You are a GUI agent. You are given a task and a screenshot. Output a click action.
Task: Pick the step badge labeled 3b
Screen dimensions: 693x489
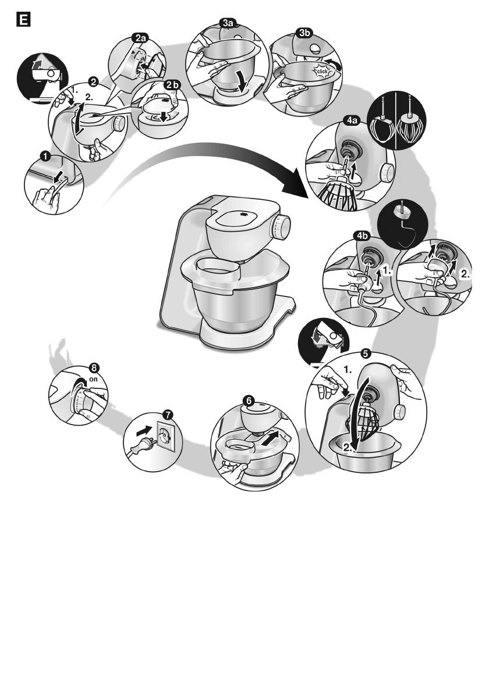point(303,33)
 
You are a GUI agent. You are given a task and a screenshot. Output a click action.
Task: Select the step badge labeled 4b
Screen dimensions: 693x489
point(362,235)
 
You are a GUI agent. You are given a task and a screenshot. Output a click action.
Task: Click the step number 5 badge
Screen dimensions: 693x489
point(365,353)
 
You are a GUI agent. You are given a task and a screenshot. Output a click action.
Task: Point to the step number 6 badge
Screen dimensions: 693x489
point(249,400)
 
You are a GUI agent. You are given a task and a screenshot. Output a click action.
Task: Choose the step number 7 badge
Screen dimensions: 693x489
point(168,414)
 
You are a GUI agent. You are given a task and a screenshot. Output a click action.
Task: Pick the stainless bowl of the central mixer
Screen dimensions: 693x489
point(227,308)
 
